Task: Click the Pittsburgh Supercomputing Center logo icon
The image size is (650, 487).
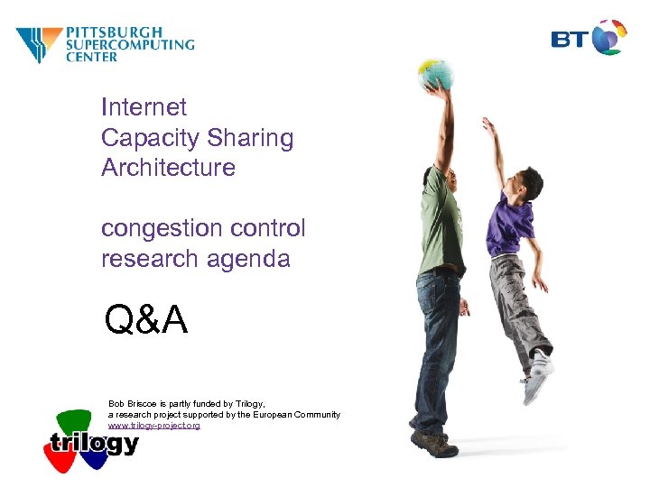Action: pos(39,44)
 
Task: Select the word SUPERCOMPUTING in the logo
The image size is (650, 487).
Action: pos(129,44)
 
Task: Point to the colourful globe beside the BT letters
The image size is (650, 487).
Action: pos(610,37)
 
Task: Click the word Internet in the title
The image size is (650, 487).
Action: pos(144,107)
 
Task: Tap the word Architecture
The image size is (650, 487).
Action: pos(168,168)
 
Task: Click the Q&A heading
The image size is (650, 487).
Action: pos(146,319)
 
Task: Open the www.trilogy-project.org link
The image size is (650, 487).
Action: pos(153,425)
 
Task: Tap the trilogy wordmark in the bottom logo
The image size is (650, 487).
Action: pos(95,444)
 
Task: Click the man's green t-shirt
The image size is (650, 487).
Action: pos(442,216)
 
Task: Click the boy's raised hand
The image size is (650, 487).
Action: pos(488,124)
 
